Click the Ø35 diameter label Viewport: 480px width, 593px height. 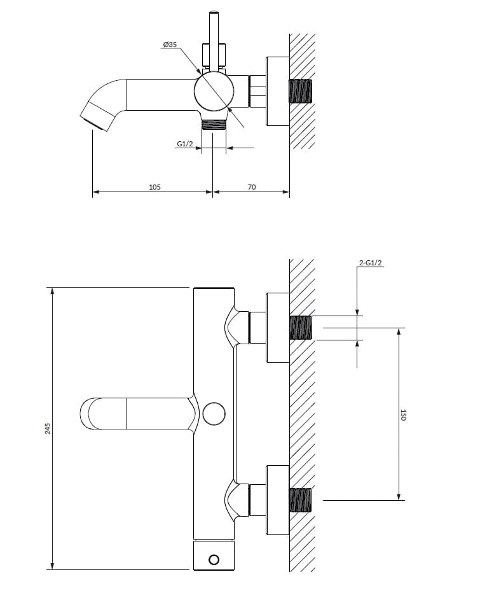point(170,45)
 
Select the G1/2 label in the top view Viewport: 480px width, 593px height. point(184,144)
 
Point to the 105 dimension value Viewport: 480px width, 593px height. point(154,187)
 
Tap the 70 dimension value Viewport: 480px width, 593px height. point(252,187)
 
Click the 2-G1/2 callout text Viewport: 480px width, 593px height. point(371,263)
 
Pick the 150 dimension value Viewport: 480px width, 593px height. point(403,415)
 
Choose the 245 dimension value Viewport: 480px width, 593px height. point(48,428)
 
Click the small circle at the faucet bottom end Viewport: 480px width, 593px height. point(214,559)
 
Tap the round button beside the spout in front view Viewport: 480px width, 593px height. point(214,414)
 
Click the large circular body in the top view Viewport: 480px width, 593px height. point(214,93)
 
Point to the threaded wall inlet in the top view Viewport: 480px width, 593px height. point(301,91)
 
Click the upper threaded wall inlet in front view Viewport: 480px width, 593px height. point(301,328)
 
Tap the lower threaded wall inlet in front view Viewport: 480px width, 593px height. point(301,499)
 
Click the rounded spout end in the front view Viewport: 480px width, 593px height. point(89,414)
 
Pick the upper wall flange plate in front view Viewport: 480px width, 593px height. point(278,328)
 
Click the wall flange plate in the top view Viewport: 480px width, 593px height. point(278,91)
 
